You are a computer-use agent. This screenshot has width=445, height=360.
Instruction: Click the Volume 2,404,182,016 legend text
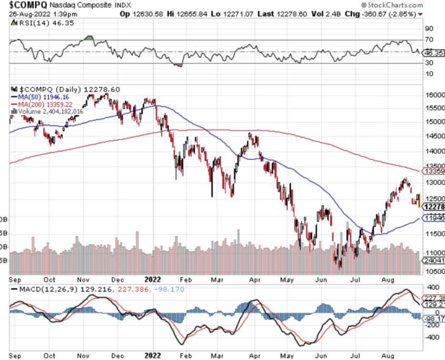pyautogui.click(x=51, y=111)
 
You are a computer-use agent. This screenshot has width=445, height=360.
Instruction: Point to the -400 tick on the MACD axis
pyautogui.click(x=433, y=337)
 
